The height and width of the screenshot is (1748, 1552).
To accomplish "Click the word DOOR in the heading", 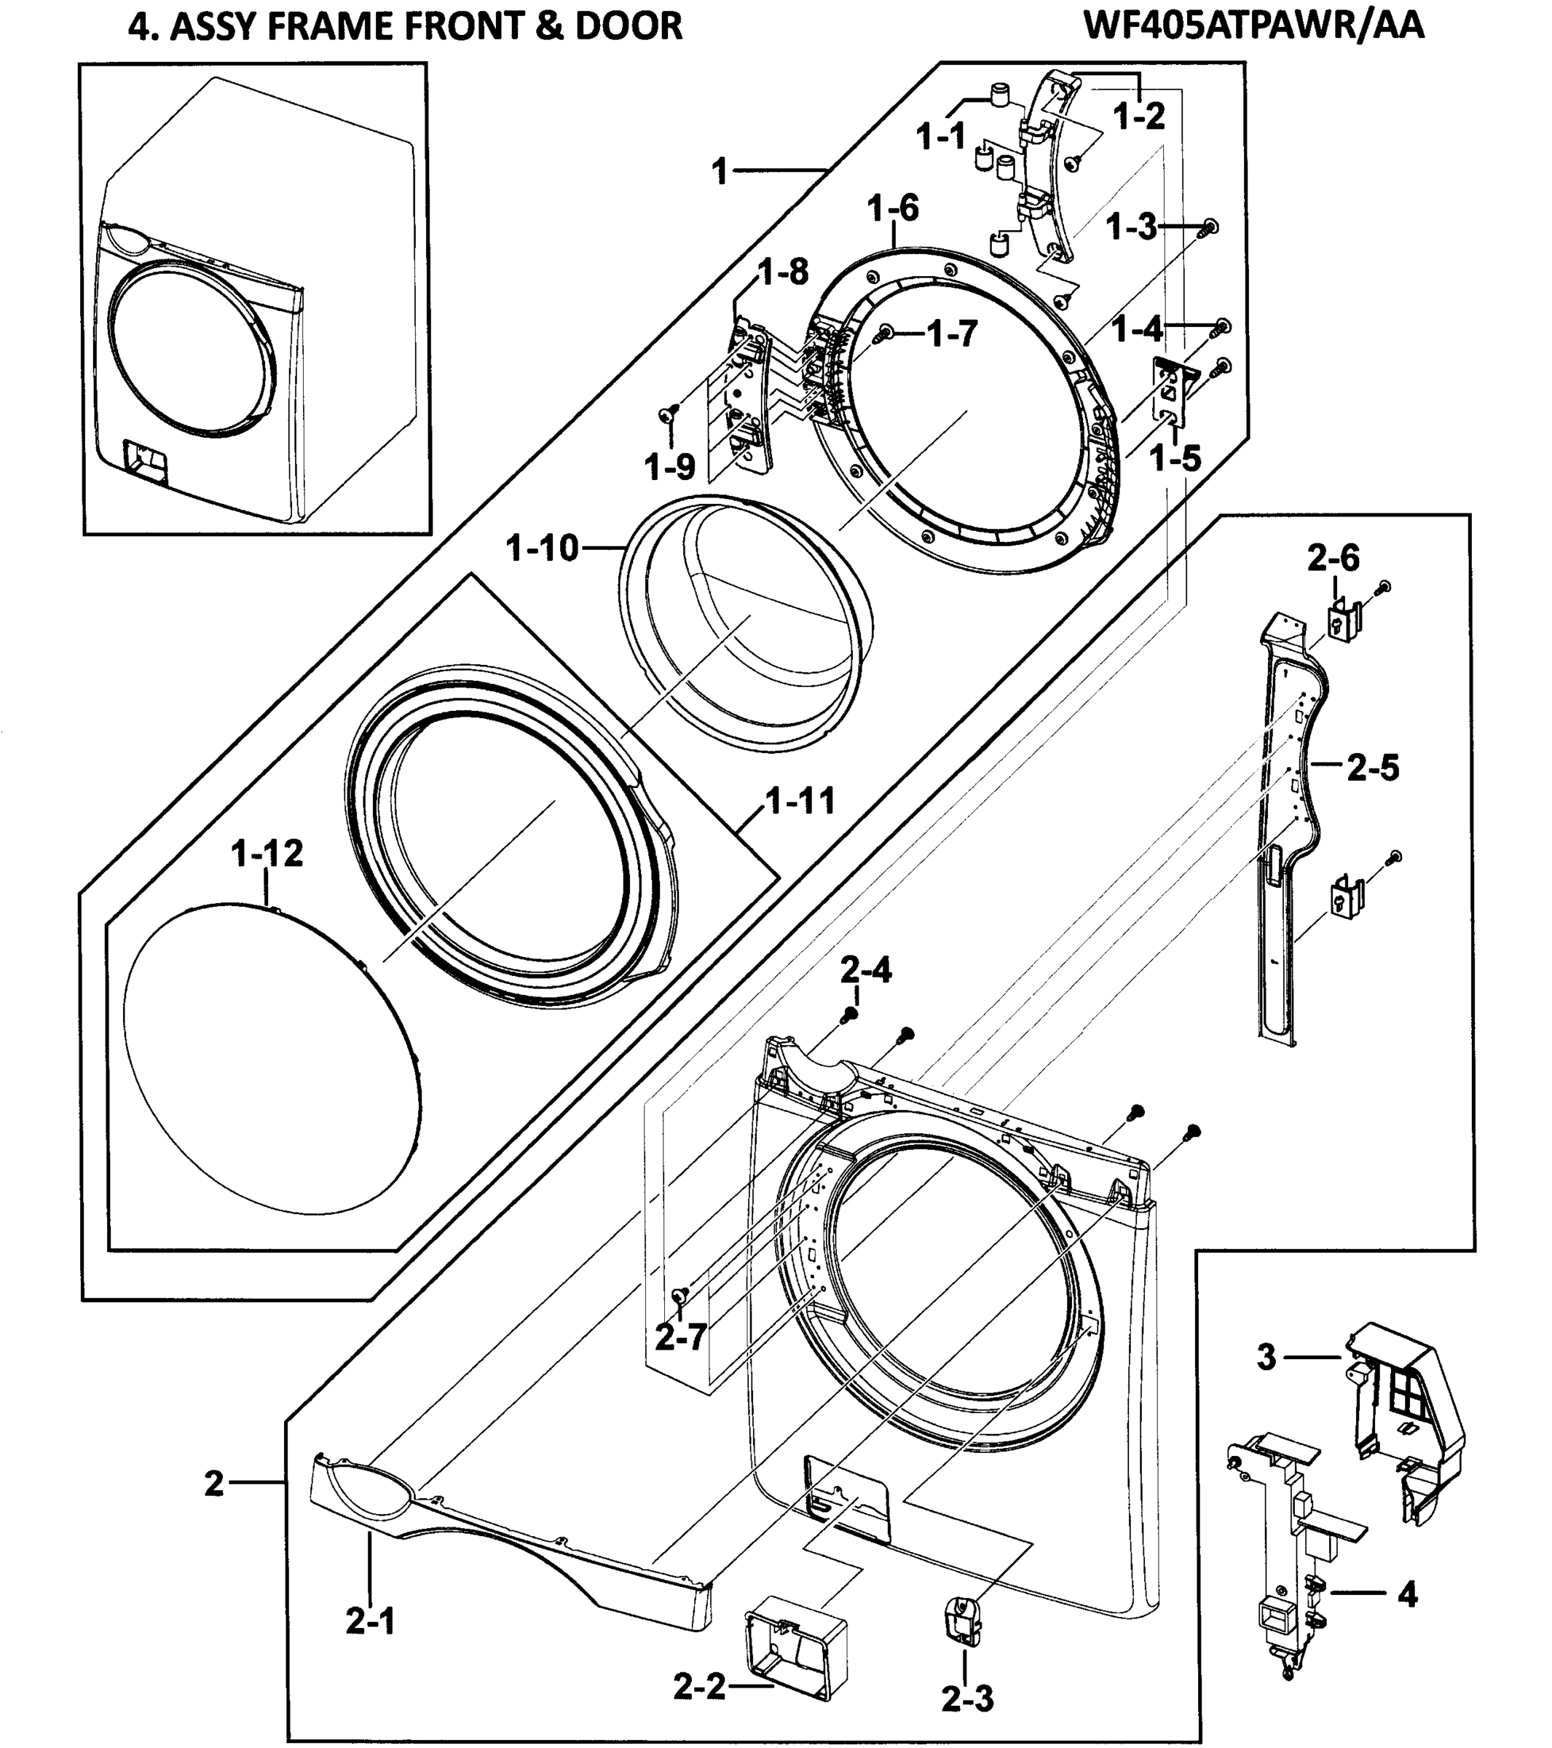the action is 629,26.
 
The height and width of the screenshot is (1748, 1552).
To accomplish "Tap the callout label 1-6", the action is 893,208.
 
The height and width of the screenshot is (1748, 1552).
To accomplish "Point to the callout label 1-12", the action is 267,854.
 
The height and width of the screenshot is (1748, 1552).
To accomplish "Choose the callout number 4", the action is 1406,1593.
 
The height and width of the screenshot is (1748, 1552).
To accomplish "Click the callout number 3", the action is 1267,1356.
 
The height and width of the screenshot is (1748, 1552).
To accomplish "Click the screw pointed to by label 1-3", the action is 1209,227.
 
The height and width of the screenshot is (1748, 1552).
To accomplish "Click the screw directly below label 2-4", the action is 850,1015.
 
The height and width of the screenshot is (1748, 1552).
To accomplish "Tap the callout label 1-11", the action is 799,802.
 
